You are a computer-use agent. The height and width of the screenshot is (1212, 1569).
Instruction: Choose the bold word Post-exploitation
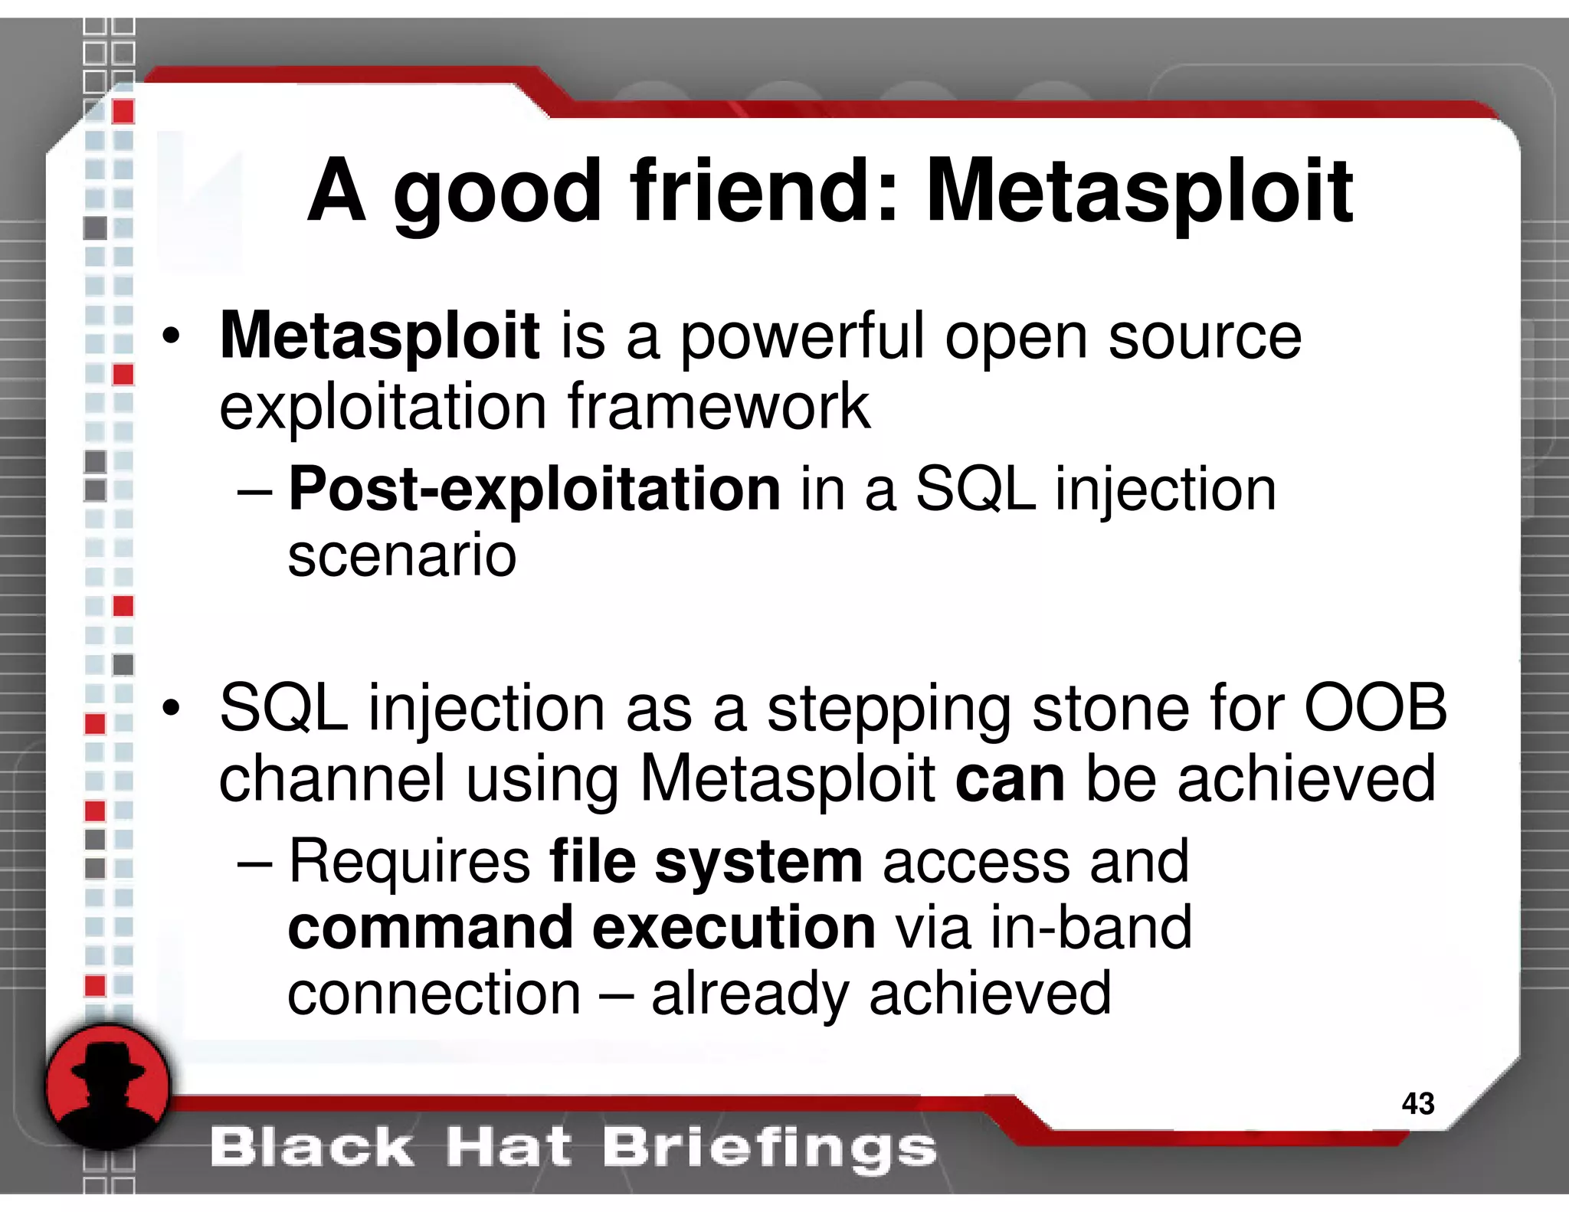click(x=535, y=489)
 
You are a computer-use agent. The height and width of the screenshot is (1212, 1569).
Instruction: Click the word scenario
click(x=402, y=555)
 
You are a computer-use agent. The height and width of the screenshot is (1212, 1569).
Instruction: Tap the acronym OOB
click(x=1375, y=708)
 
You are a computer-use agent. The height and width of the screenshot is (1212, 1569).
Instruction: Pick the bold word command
click(x=431, y=928)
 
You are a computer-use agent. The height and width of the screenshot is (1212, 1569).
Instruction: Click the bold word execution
click(x=734, y=928)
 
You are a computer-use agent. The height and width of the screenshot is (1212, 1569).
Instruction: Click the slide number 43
click(x=1417, y=1103)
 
